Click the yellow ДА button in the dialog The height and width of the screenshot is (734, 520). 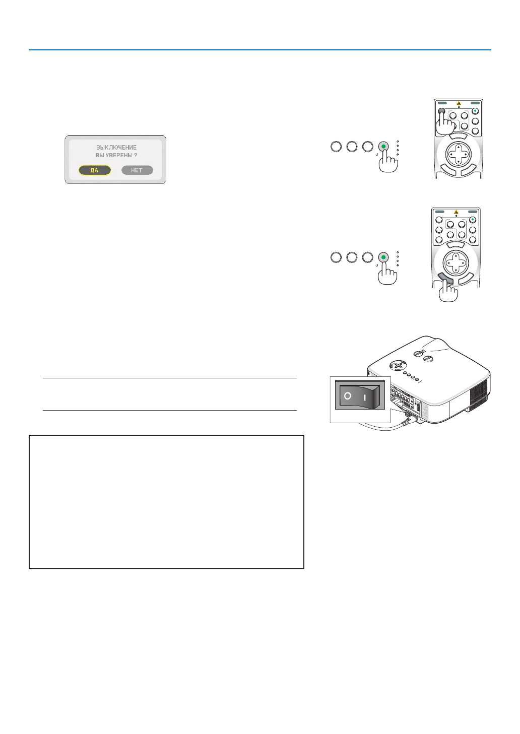pos(95,170)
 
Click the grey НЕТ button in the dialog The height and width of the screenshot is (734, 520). pos(137,170)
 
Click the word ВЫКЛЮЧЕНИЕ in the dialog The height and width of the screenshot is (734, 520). pos(116,148)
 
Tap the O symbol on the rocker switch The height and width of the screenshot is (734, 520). pos(348,396)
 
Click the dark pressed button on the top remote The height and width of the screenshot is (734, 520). pos(441,111)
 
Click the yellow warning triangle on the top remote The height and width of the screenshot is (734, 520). pos(459,103)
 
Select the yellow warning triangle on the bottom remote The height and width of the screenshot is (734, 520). pos(456,212)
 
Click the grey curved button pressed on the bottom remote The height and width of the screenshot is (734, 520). pos(444,278)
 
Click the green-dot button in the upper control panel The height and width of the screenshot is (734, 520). pos(383,147)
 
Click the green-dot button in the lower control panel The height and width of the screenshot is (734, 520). pos(383,257)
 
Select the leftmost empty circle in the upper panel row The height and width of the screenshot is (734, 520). pos(336,147)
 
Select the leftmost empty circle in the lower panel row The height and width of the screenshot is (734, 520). pos(336,257)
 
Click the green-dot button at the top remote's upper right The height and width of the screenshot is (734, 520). pos(475,111)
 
